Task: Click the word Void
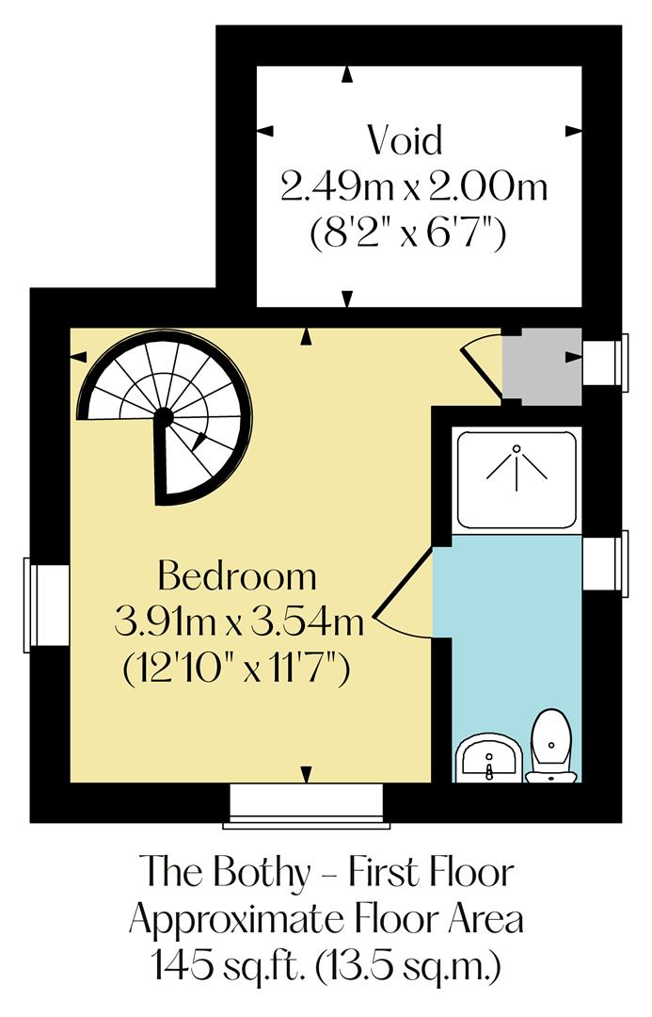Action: tap(404, 140)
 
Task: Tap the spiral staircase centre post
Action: tap(164, 415)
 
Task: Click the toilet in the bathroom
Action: tap(550, 749)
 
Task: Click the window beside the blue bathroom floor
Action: tap(604, 563)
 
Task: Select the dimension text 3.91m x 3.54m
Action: tap(238, 621)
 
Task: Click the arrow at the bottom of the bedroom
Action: tap(306, 774)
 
